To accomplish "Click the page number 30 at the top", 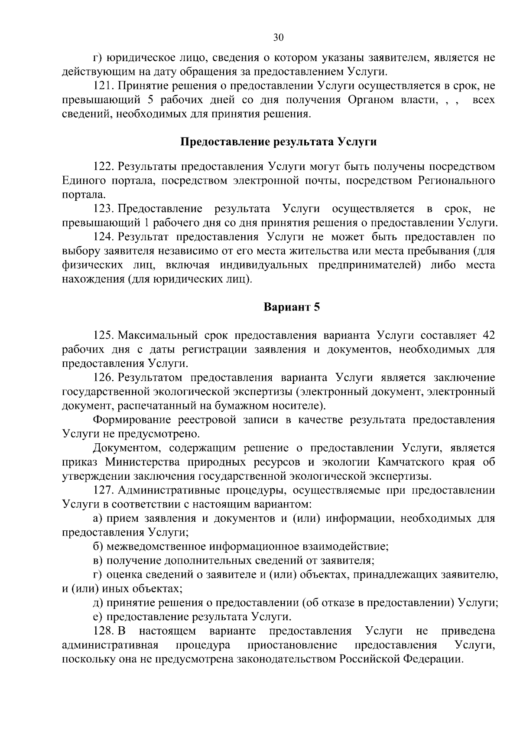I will (278, 38).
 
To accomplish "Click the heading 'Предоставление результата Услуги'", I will (278, 142).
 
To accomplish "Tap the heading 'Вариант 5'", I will (292, 307).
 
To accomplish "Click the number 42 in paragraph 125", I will (488, 335).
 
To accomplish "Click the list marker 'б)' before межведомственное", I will (98, 546).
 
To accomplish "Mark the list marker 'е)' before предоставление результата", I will (98, 617).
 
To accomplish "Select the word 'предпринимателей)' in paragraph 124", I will (370, 265).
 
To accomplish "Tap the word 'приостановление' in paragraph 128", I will (292, 645).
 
